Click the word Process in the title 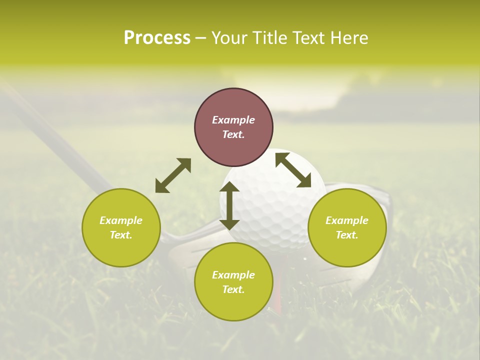pyautogui.click(x=157, y=38)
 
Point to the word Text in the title pyautogui.click(x=310, y=38)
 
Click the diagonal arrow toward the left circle pyautogui.click(x=173, y=175)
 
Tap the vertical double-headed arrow pyautogui.click(x=229, y=205)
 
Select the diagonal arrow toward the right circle pyautogui.click(x=293, y=170)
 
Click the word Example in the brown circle pyautogui.click(x=233, y=120)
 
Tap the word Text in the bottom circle pyautogui.click(x=233, y=289)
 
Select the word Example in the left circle pyautogui.click(x=121, y=220)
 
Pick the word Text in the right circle pyautogui.click(x=347, y=235)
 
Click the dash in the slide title pyautogui.click(x=200, y=38)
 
